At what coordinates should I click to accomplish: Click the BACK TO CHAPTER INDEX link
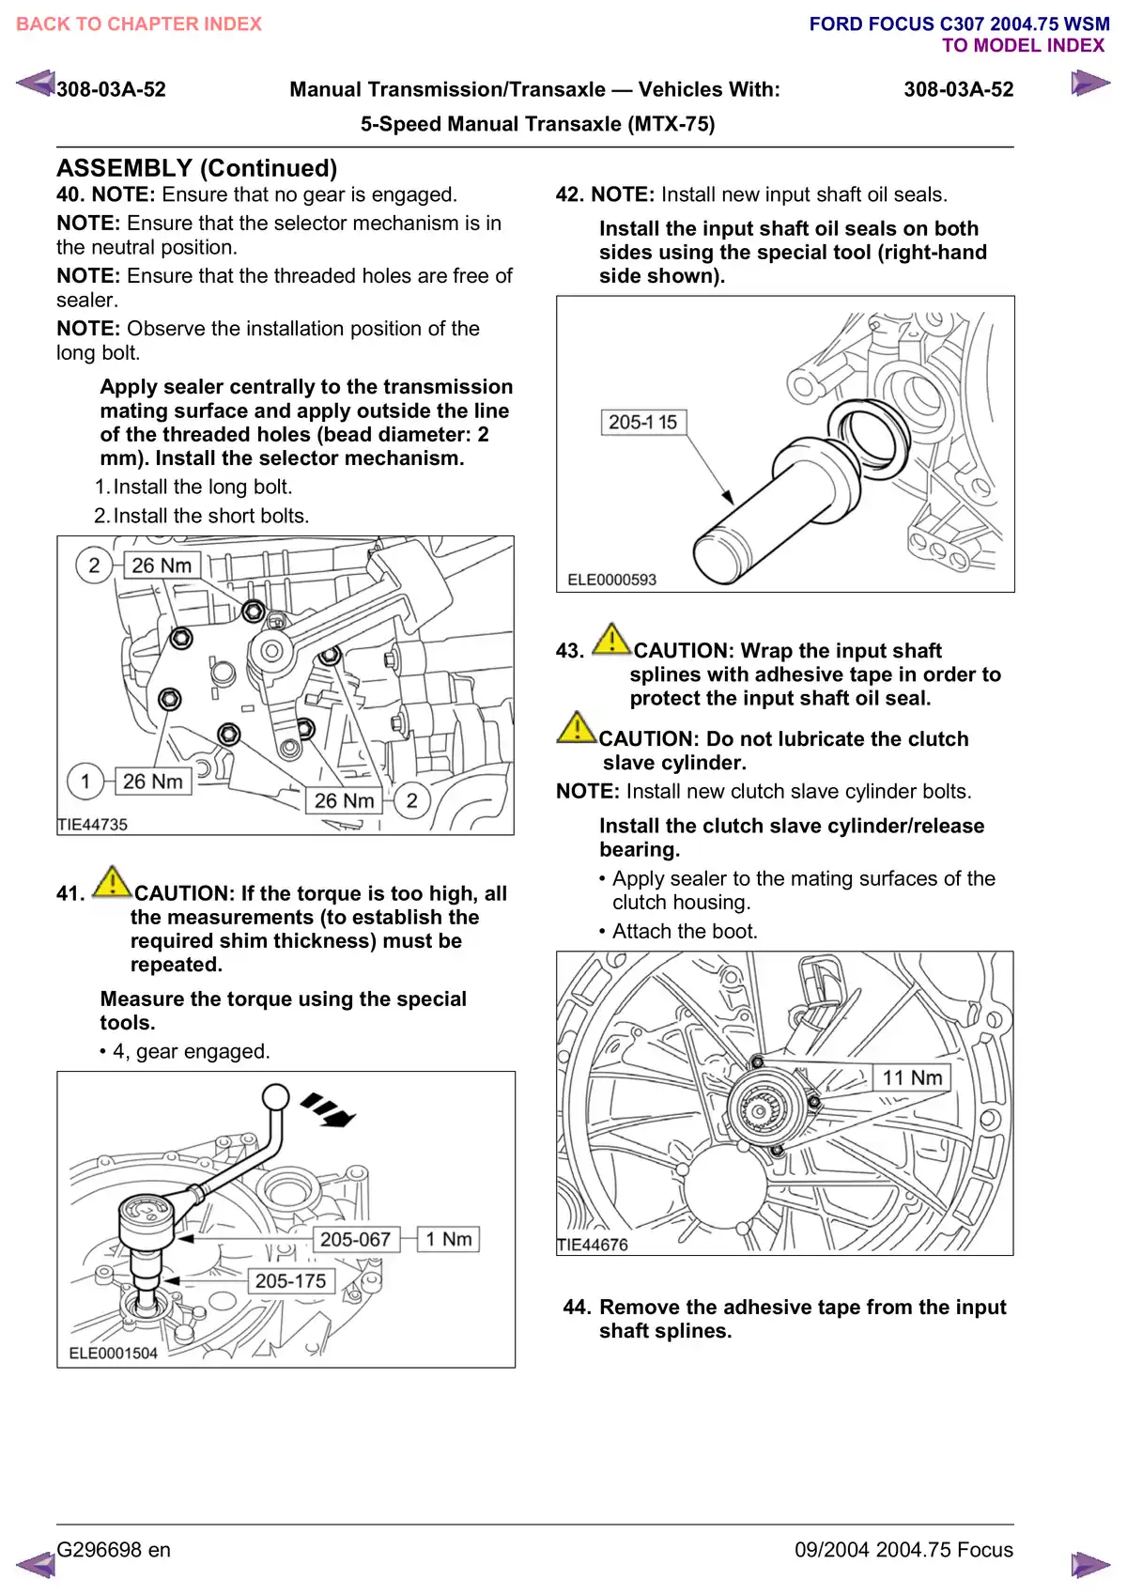pos(139,24)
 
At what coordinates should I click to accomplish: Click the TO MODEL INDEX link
pos(1023,46)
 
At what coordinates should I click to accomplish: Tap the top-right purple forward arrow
pos(1089,84)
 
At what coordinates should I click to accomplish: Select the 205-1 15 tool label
pos(643,423)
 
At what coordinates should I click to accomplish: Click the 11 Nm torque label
pos(912,1078)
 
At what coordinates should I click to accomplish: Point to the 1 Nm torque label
pos(449,1239)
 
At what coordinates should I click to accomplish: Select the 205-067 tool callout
pos(355,1239)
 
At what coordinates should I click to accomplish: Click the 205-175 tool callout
pos(290,1281)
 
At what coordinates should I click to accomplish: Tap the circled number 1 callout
pos(85,782)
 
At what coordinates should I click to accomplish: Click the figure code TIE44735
pos(92,825)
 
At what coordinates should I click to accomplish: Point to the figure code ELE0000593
pos(611,581)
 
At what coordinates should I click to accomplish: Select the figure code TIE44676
pos(593,1246)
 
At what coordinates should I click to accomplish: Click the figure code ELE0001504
pos(113,1354)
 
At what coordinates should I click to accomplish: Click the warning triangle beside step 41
pos(112,882)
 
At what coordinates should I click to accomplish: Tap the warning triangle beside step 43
pos(611,639)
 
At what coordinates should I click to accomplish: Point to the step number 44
pos(577,1308)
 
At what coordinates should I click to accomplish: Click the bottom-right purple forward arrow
pos(1089,1565)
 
